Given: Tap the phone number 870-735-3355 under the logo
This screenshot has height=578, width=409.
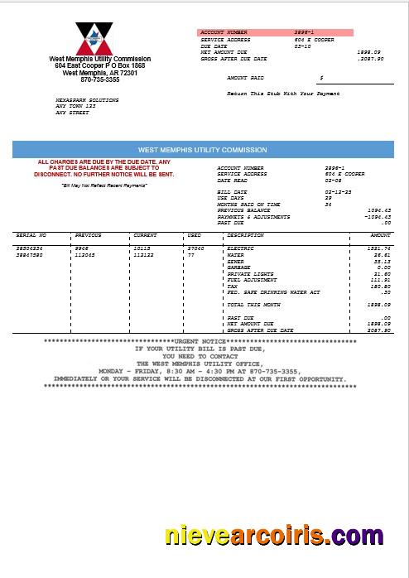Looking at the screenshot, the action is (99, 79).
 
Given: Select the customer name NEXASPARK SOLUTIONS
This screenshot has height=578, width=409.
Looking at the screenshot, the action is (86, 100).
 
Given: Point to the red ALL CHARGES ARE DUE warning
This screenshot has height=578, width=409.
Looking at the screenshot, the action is (104, 168).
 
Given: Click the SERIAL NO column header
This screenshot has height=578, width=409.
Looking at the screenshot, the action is (31, 235).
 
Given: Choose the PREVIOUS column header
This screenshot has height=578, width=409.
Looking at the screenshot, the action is (88, 235).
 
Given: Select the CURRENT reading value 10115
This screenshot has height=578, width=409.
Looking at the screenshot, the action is (142, 248).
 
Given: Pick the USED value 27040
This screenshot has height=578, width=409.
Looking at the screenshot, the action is (195, 248).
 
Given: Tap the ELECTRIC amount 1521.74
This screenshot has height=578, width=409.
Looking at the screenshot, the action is (380, 248).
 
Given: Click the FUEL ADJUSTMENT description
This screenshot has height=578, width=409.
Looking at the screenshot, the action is (250, 280).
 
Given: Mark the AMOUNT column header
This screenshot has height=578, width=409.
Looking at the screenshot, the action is (380, 235).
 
